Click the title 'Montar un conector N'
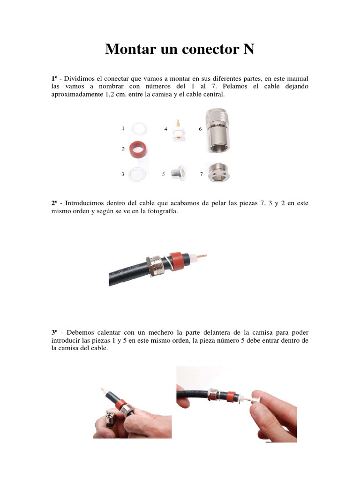(180, 49)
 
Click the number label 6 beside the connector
(200, 128)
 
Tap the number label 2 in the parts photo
(123, 149)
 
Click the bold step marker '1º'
(55, 78)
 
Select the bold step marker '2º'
(55, 203)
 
